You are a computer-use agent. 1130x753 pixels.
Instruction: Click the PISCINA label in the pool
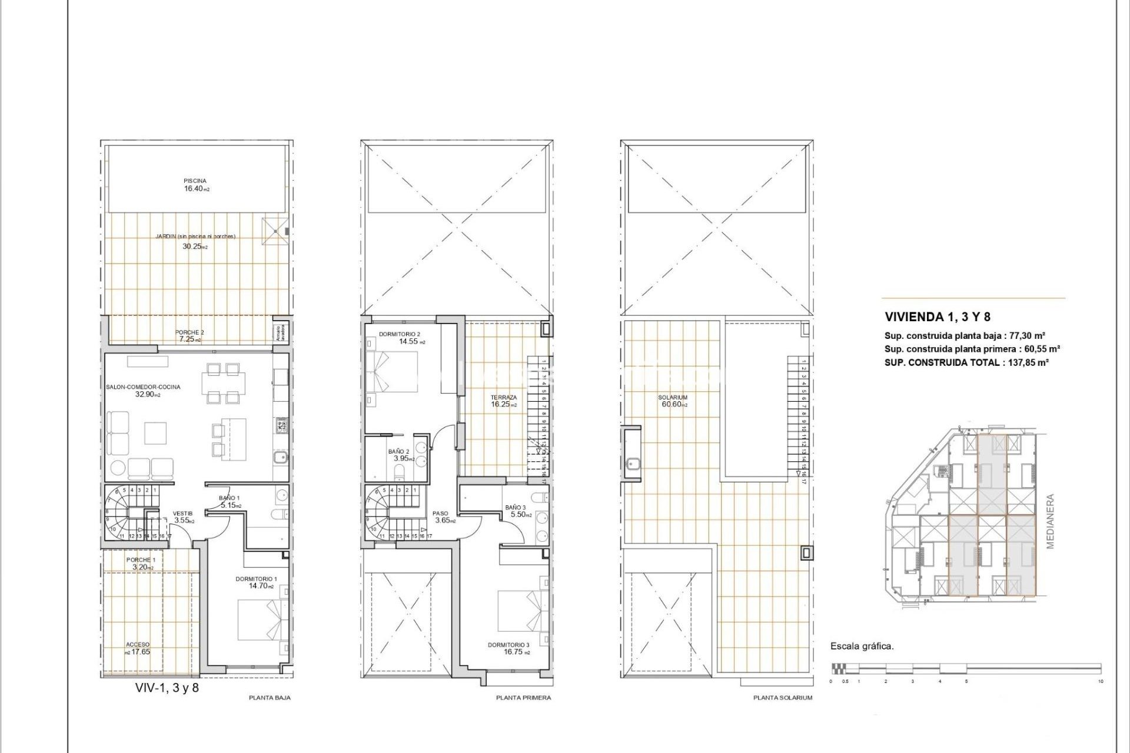[195, 181]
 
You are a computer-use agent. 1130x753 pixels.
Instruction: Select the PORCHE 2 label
[190, 333]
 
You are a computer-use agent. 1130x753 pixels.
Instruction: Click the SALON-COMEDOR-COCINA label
[143, 387]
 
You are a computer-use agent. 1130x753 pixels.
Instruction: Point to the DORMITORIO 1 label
[256, 579]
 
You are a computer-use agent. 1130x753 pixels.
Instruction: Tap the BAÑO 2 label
[398, 452]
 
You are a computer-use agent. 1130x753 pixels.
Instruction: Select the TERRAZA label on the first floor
[504, 398]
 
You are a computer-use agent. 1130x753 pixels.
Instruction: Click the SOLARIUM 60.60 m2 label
[673, 401]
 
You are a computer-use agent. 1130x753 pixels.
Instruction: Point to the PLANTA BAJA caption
[270, 698]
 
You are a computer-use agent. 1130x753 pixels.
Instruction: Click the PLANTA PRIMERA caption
[523, 698]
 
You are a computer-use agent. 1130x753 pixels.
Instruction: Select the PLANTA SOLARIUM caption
[782, 698]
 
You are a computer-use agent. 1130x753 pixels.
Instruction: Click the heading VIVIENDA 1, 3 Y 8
[937, 317]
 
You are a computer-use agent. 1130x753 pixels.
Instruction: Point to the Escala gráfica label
[862, 646]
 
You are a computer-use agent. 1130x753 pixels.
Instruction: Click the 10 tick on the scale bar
[1100, 681]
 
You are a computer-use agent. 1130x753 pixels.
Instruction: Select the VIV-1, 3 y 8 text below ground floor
[167, 687]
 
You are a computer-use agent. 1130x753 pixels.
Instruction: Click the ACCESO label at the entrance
[138, 645]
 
